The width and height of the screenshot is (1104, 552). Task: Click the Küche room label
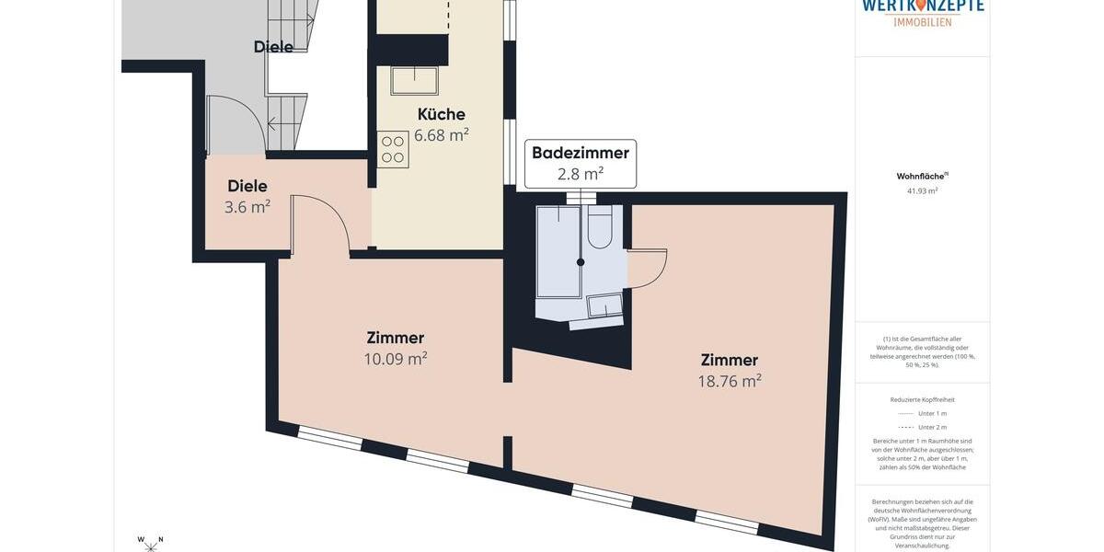441,114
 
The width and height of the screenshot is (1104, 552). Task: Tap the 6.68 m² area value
441,135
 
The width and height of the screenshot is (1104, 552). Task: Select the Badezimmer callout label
580,153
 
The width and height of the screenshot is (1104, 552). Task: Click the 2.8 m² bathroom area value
580,174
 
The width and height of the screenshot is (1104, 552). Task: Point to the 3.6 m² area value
247,207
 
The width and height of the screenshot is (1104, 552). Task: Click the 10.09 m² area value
395,359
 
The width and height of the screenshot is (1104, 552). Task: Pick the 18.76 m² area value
729,381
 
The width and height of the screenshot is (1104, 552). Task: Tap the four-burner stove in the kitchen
393,149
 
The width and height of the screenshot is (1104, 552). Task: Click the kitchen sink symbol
414,80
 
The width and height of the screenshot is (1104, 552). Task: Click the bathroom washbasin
604,305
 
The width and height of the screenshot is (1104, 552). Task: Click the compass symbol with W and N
150,544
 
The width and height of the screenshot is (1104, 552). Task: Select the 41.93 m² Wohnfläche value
922,191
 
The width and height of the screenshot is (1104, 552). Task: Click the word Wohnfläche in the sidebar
920,176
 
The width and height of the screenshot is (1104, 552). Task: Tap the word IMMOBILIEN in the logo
923,22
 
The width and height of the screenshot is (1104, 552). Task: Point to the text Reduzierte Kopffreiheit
922,400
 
